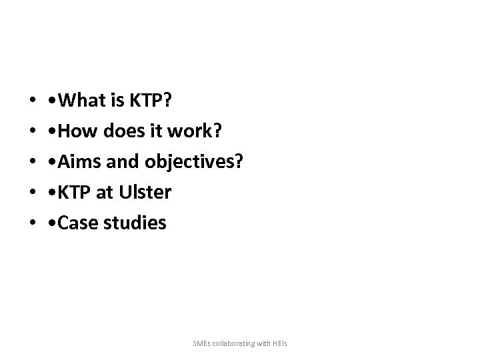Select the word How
(77, 131)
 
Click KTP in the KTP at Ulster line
(74, 193)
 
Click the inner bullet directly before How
(53, 131)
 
